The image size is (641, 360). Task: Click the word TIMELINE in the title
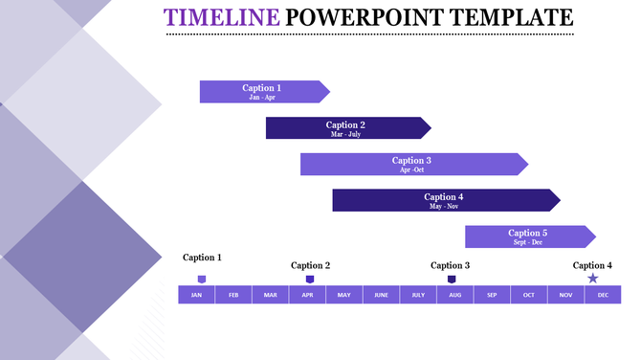tap(222, 17)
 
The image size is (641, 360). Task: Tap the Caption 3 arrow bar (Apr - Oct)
tap(412, 165)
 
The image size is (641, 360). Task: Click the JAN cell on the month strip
tap(196, 295)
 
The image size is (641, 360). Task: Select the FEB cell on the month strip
tap(233, 295)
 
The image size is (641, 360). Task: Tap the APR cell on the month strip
tap(307, 295)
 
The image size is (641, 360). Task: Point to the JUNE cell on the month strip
tap(381, 295)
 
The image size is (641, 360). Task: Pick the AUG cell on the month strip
tap(454, 295)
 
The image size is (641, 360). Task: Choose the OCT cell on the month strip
tap(529, 295)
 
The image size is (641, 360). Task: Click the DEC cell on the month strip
tap(603, 295)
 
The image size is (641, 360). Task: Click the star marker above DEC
tap(593, 279)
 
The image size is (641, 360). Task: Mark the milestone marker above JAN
tap(202, 279)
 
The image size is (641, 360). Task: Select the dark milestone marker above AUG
tap(452, 279)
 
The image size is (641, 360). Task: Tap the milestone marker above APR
tap(309, 279)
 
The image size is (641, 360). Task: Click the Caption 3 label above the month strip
tap(451, 265)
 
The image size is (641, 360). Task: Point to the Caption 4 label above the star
tap(592, 265)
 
